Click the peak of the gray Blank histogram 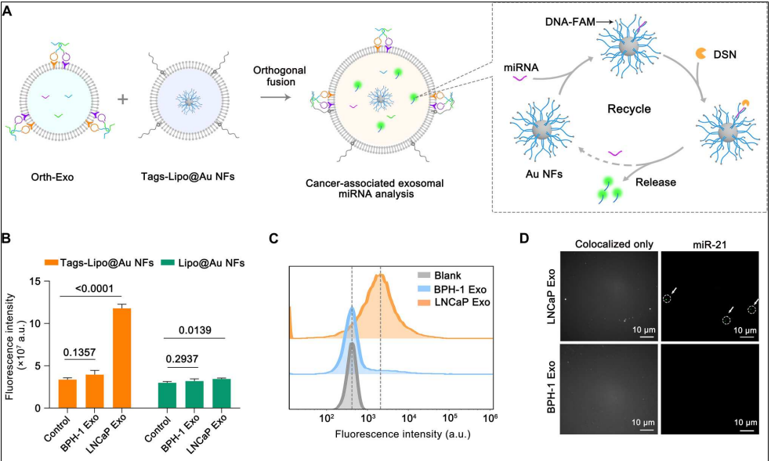(x=352, y=344)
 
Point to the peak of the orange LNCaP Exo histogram (x=380, y=276)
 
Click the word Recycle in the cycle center (x=629, y=109)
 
